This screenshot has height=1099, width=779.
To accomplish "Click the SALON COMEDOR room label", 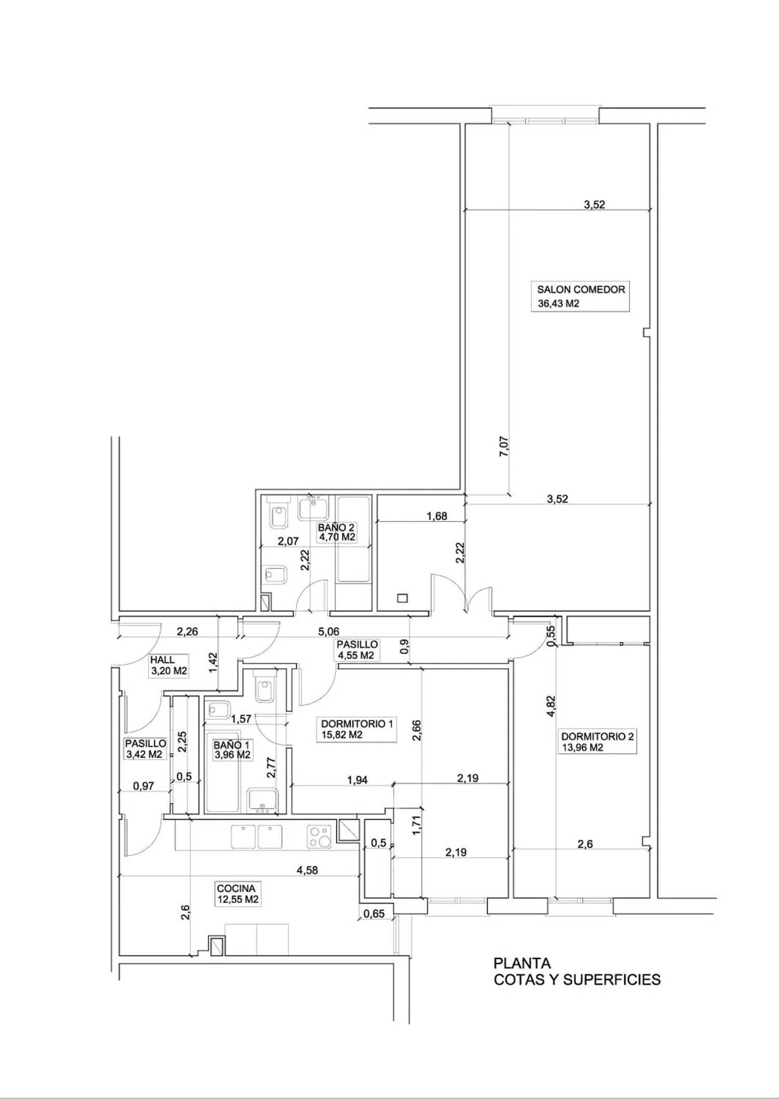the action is coord(581,289).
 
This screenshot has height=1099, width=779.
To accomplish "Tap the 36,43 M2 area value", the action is coord(558,303).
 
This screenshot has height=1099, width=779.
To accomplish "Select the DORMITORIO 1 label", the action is coord(357,724).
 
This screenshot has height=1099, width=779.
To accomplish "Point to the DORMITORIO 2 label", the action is coord(597,736).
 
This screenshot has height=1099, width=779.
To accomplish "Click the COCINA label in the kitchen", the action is coord(236,889).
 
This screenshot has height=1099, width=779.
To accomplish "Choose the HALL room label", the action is coord(163,660).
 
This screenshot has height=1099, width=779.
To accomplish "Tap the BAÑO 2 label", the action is coord(337,527).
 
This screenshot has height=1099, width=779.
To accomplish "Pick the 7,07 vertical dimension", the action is coord(504,446).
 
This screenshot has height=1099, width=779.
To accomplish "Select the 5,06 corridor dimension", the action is coord(329,631).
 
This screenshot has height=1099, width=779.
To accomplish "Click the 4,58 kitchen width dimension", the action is coord(307,870).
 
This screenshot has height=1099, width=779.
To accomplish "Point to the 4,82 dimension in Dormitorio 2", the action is coord(551,706).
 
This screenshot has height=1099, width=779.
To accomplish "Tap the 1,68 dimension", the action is coord(437,516).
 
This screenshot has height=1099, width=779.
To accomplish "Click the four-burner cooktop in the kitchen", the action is coord(319,836).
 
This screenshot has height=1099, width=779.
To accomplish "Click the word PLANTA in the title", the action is coord(522,963).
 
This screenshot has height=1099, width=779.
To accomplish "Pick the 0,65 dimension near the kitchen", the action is coord(374,913).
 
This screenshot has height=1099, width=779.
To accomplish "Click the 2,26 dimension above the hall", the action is coord(187,631).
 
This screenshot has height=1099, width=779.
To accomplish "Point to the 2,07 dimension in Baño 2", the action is coord(288,541).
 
